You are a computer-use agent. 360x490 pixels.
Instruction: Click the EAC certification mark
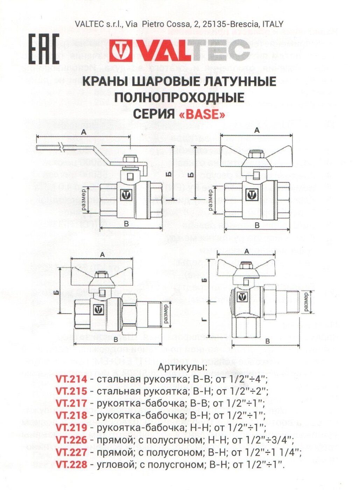coord(44,49)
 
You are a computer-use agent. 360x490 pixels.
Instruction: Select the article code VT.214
coord(71,379)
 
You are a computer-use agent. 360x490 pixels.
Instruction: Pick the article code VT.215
coord(71,391)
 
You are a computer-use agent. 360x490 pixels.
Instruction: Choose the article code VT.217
coord(71,404)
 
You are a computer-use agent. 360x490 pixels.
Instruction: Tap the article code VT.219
coord(71,428)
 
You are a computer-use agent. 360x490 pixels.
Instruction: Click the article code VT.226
coord(71,440)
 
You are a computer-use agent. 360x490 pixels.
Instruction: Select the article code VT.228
coord(71,464)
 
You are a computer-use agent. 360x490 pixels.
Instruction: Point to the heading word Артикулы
coord(183,367)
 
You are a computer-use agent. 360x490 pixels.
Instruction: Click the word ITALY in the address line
coord(271,24)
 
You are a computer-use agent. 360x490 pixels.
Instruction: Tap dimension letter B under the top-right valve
coord(257,225)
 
